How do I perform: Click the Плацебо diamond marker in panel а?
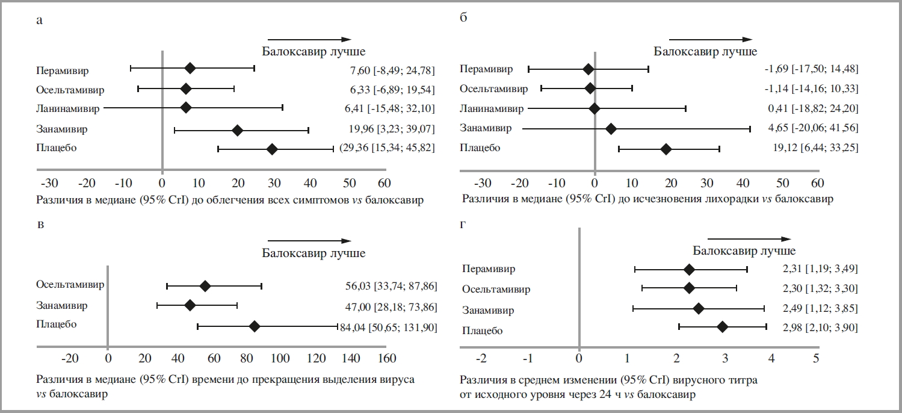(272, 149)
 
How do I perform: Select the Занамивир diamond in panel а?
(237, 129)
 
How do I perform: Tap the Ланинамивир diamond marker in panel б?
(595, 109)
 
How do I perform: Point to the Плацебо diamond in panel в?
(254, 326)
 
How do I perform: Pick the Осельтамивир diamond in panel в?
(205, 286)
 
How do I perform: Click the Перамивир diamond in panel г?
(690, 269)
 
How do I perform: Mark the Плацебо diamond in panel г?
(722, 326)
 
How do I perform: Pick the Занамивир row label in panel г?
(488, 311)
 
